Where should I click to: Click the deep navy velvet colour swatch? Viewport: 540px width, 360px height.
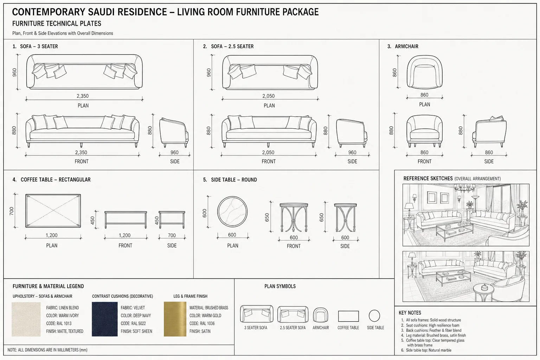pyautogui.click(x=105, y=319)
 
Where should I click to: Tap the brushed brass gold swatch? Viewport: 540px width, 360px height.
pyautogui.click(x=175, y=319)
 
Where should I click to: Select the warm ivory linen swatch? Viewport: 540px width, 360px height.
pyautogui.click(x=26, y=319)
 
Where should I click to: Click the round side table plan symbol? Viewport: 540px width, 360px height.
pyautogui.click(x=374, y=316)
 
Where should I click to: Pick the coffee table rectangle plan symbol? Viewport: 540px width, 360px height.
pyautogui.click(x=348, y=316)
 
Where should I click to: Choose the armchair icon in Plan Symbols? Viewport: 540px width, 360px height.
pyautogui.click(x=320, y=315)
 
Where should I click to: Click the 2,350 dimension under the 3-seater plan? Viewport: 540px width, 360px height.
pyautogui.click(x=83, y=96)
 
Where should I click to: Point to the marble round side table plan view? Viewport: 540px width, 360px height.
pyautogui.click(x=232, y=212)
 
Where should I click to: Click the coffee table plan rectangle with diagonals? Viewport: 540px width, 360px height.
pyautogui.click(x=53, y=211)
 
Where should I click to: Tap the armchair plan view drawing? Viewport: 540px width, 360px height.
pyautogui.click(x=425, y=72)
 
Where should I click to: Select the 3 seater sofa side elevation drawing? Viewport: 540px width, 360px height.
pyautogui.click(x=174, y=133)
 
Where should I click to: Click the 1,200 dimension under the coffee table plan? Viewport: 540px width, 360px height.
pyautogui.click(x=52, y=235)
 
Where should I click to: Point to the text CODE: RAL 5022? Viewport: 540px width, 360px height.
pyautogui.click(x=133, y=323)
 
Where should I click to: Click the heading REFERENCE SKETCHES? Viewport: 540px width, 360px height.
pyautogui.click(x=428, y=179)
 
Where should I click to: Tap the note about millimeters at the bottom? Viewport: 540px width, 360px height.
pyautogui.click(x=47, y=350)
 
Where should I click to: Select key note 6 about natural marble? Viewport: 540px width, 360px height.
pyautogui.click(x=426, y=350)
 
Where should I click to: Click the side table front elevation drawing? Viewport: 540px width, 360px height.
pyautogui.click(x=294, y=218)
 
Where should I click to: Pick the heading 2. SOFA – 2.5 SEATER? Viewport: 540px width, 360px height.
pyautogui.click(x=228, y=46)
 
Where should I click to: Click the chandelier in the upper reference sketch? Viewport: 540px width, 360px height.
pyautogui.click(x=464, y=188)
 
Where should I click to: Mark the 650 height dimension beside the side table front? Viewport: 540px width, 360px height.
pyautogui.click(x=267, y=217)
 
